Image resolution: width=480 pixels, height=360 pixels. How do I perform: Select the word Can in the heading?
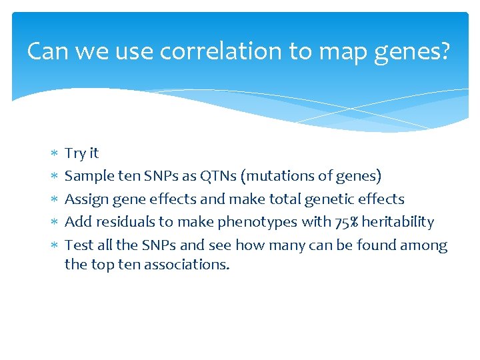coord(48,51)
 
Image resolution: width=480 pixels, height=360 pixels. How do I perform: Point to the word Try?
coord(75,153)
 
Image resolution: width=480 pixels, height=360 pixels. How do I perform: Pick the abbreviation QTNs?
coord(216,176)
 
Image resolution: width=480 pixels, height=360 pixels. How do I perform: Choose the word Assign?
coord(85,199)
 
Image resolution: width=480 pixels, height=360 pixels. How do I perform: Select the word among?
coord(423,245)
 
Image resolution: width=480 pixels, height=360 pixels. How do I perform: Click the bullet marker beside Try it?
coord(53,154)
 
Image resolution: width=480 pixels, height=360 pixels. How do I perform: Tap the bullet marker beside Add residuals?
coord(53,223)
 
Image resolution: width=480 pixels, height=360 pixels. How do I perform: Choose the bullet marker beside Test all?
coord(53,246)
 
